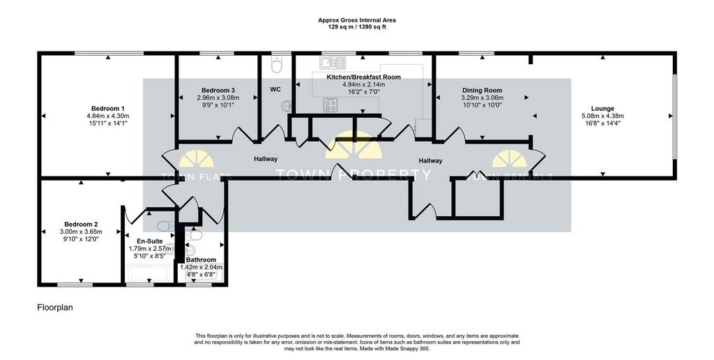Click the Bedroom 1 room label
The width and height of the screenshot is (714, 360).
108,108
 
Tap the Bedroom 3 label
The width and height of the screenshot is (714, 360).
218,90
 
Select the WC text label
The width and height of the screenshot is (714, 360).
275,90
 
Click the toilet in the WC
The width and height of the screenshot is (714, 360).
277,65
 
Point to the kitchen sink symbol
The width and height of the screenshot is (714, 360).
333,62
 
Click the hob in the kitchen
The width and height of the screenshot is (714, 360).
331,105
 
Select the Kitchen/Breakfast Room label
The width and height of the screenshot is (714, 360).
364,77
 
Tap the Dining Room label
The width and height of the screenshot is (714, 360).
483,90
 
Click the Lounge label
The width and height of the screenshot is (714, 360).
602,108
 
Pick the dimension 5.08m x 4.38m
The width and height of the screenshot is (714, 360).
602,116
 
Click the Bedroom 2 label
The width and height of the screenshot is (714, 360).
81,224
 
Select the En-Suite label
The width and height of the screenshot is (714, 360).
150,241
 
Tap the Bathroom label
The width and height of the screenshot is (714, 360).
201,260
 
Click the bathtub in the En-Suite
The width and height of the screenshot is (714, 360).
150,274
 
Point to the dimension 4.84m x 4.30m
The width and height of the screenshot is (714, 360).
108,116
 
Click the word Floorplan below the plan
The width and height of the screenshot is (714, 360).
54,308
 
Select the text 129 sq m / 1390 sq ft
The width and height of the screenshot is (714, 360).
357,27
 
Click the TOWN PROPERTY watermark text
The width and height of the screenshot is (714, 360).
354,174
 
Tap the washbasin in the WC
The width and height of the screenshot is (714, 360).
287,106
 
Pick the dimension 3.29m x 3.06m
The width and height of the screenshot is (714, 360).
483,98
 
